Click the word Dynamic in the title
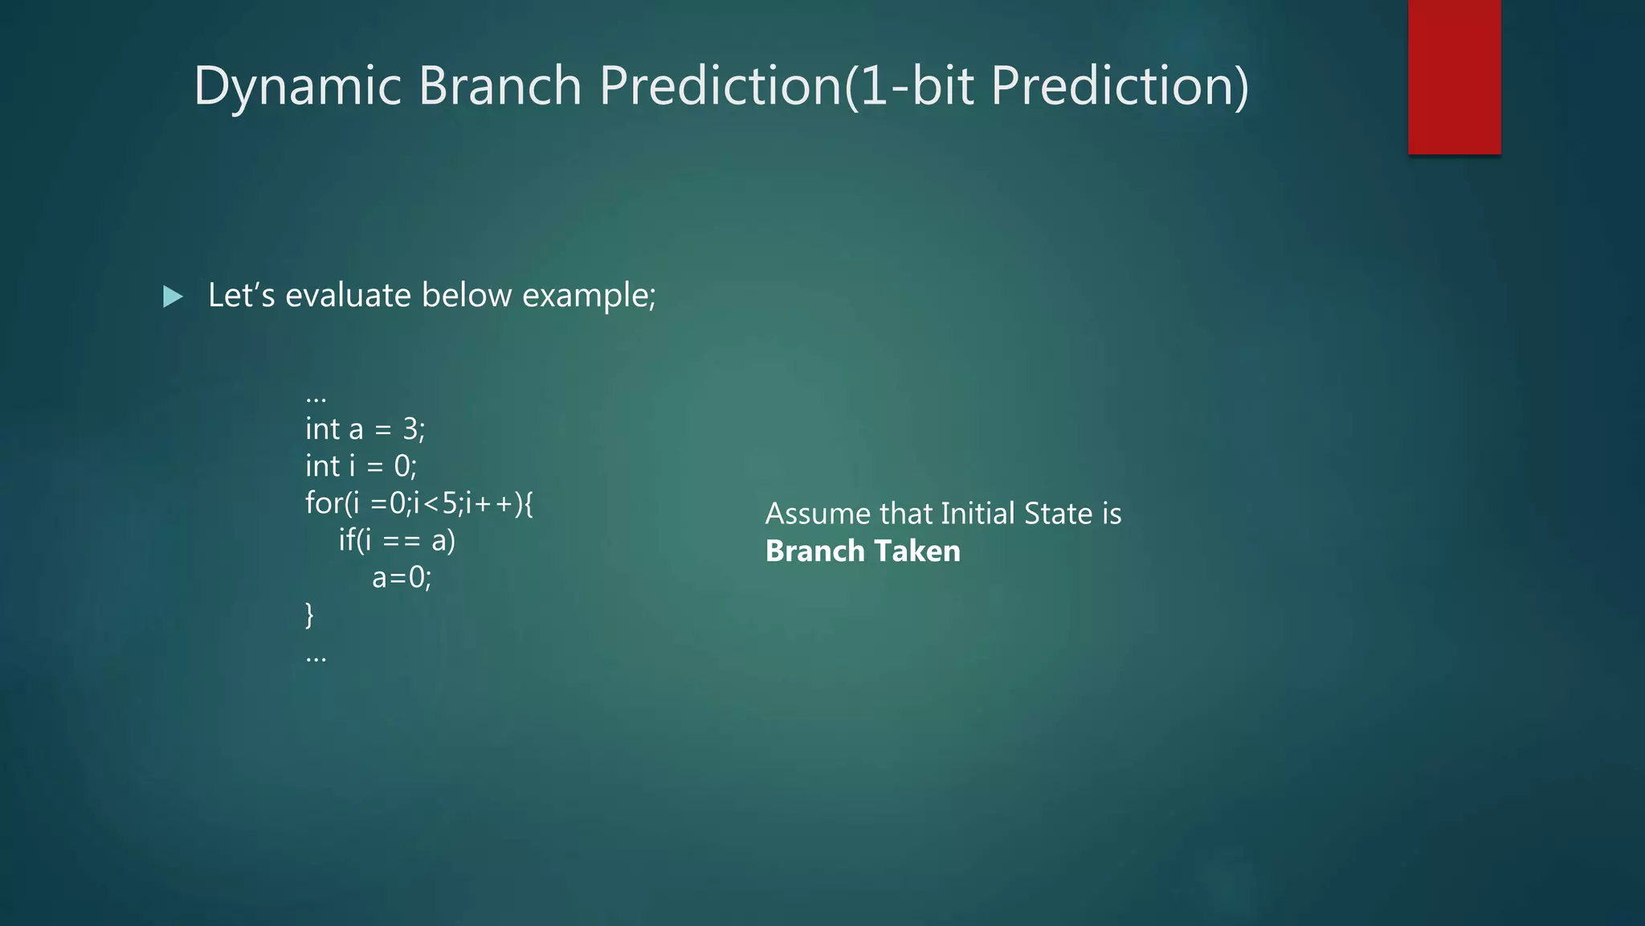[297, 86]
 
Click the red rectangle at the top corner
[1454, 76]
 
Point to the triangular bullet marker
[172, 297]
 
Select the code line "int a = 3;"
[365, 429]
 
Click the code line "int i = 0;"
[361, 466]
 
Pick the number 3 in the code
[410, 429]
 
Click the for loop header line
[418, 503]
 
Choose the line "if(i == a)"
[397, 540]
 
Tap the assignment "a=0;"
[402, 577]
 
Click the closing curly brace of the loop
[310, 615]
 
